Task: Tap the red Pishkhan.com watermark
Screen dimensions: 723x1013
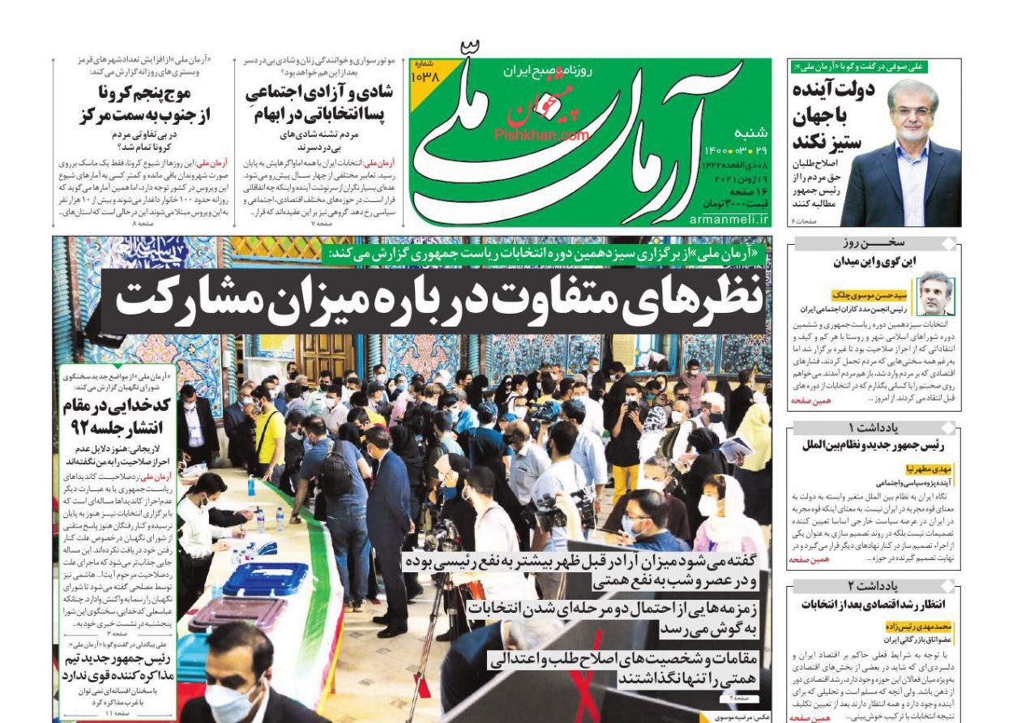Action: click(541, 135)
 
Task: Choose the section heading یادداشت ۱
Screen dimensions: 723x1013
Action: click(874, 428)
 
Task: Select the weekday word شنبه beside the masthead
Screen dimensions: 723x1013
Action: click(750, 134)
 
